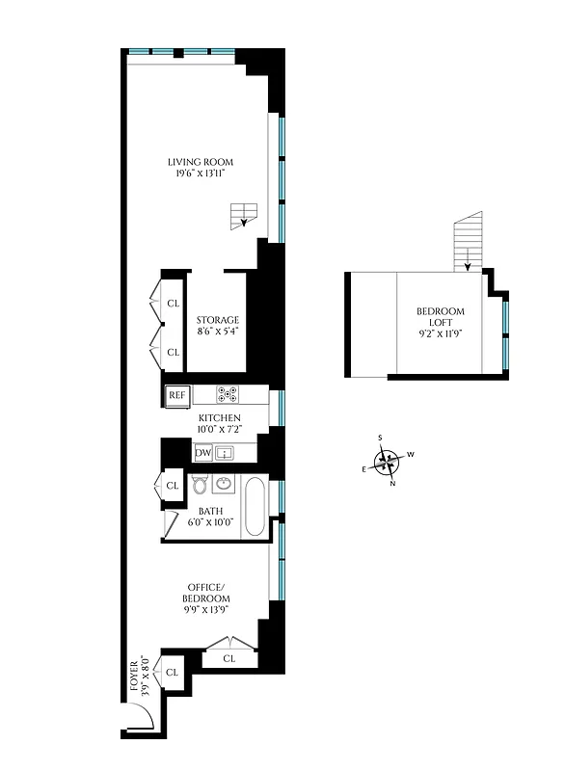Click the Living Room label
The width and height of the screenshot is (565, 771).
tap(201, 162)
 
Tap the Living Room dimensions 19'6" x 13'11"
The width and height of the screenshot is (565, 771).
tap(201, 174)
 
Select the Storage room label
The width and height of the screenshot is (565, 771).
tap(217, 320)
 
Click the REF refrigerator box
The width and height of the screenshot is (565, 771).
tap(177, 394)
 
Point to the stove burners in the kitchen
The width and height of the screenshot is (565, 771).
tap(229, 393)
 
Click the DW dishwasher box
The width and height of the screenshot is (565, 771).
tap(202, 453)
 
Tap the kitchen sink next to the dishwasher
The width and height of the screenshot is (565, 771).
tap(224, 453)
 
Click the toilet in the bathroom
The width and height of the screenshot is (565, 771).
tap(200, 484)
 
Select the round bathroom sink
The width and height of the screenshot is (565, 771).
tap(224, 484)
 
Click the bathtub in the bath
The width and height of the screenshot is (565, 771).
tap(255, 507)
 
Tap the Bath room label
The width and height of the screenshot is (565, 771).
tap(211, 511)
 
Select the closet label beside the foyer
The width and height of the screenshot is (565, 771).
tap(174, 672)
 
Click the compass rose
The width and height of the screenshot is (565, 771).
tap(386, 464)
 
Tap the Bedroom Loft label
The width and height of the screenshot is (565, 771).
tap(440, 317)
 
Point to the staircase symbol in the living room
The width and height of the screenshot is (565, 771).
tap(246, 216)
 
